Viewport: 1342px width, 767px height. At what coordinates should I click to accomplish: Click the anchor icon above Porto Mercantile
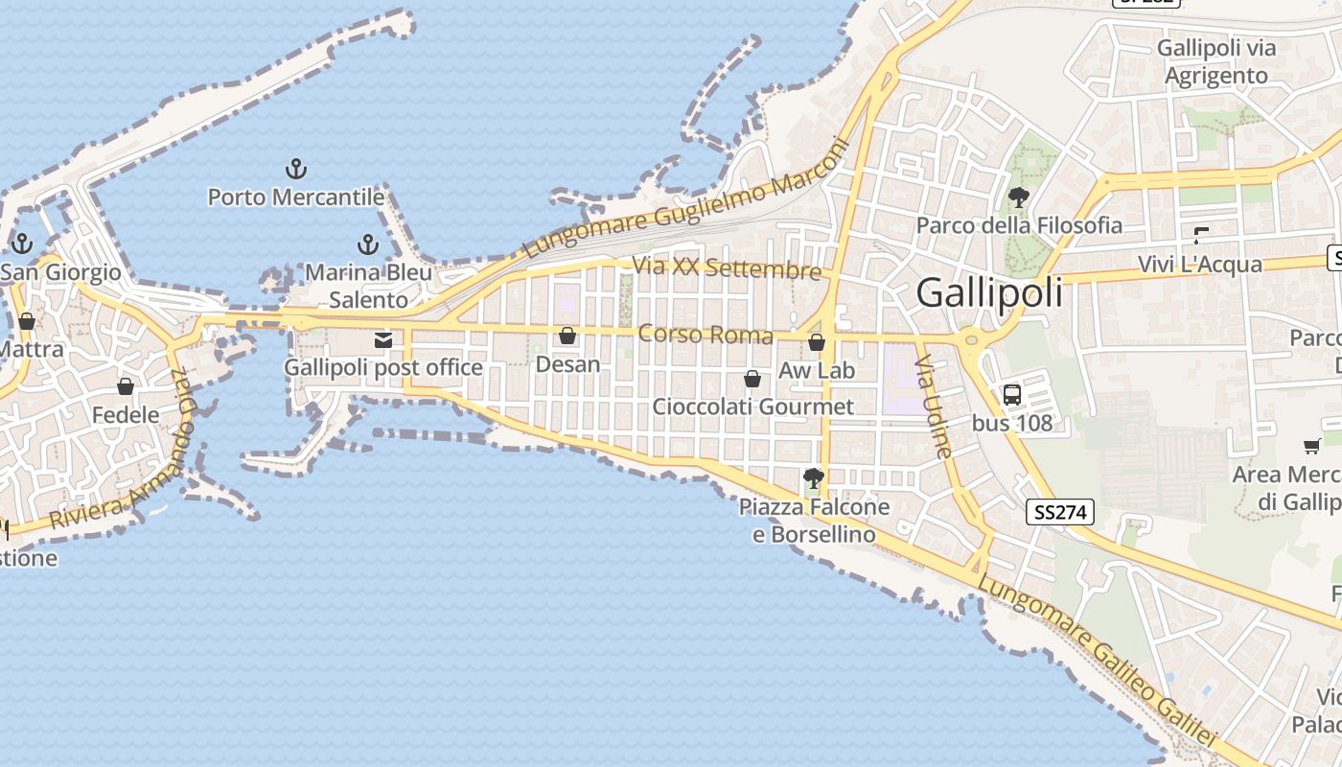296,170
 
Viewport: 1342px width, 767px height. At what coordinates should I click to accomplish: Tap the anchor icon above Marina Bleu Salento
367,244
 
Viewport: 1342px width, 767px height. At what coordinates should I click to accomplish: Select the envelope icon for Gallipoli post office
383,340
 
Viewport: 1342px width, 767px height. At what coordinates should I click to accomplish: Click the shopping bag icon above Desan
567,336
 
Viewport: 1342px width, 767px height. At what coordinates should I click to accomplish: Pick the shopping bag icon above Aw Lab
817,342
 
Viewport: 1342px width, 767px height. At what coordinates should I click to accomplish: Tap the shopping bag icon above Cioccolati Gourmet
752,379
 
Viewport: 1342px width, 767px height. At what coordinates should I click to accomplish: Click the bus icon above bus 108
1011,394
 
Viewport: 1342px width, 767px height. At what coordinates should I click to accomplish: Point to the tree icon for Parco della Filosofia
1018,198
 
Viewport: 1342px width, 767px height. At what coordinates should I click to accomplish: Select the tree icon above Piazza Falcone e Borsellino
814,477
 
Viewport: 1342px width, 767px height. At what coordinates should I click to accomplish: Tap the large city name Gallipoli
989,292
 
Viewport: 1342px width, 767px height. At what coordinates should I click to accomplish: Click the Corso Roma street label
706,335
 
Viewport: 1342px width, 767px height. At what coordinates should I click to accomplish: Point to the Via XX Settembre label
728,267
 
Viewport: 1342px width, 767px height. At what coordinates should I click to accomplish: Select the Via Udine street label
934,407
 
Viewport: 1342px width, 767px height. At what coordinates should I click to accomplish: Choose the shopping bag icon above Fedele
125,386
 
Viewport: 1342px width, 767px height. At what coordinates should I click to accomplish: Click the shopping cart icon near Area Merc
1311,446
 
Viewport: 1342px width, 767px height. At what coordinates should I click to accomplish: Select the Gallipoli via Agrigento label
1216,61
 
